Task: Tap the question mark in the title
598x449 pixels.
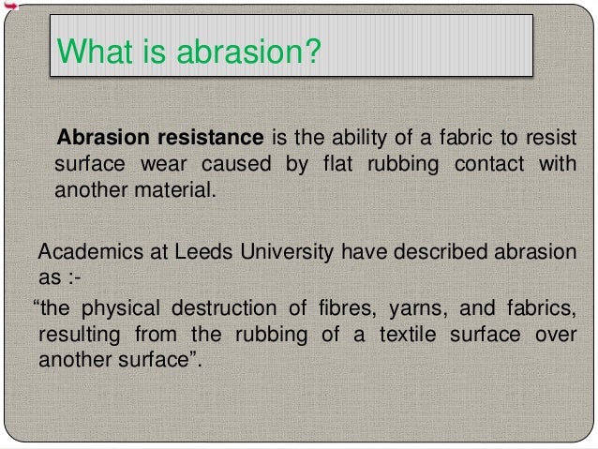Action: click(313, 47)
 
